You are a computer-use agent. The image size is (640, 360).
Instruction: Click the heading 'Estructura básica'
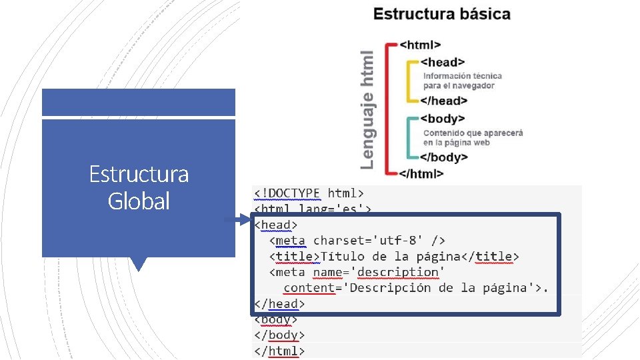(x=441, y=14)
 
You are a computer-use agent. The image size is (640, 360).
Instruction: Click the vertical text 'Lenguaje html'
(x=367, y=110)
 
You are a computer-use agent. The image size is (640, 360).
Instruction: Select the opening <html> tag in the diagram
(x=420, y=45)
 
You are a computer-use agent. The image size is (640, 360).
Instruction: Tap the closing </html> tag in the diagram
(x=421, y=173)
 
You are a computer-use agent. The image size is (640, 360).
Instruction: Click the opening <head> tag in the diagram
(x=443, y=62)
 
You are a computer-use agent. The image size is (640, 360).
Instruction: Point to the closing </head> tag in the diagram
(x=443, y=101)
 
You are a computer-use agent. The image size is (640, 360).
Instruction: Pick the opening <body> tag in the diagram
(x=443, y=119)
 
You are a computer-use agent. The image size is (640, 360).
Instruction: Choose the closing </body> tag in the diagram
(x=443, y=157)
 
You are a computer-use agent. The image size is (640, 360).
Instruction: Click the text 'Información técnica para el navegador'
(x=462, y=81)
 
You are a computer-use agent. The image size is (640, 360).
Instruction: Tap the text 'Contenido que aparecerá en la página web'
(x=473, y=137)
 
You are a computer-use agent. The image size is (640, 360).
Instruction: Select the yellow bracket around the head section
(x=409, y=81)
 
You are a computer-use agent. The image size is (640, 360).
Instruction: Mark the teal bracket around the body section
(x=409, y=138)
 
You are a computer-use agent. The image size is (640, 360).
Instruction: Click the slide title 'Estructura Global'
(x=139, y=187)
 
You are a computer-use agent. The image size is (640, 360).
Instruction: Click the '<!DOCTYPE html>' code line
(x=309, y=193)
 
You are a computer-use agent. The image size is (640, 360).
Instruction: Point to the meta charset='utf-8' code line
(x=357, y=240)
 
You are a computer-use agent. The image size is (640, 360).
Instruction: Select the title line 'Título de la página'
(x=394, y=256)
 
